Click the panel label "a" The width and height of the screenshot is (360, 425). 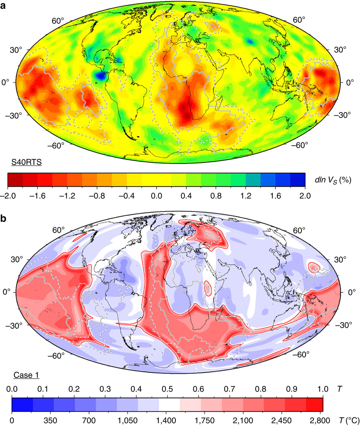(3, 5)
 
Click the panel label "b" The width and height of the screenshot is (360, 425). (3, 218)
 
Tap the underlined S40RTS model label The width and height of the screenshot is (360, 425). (26, 162)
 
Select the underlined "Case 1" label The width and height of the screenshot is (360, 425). (26, 375)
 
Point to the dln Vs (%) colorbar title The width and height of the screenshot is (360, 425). (333, 180)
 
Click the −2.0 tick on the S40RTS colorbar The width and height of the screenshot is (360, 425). (7, 196)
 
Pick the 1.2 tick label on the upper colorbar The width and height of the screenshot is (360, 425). (246, 196)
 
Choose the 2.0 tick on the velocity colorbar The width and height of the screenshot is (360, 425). (305, 196)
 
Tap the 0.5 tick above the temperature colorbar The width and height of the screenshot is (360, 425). (167, 389)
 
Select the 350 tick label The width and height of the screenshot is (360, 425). (51, 420)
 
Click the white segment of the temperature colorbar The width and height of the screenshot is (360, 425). (169, 405)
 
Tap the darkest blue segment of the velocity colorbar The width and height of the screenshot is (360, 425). (298, 180)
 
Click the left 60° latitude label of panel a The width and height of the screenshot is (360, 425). (58, 21)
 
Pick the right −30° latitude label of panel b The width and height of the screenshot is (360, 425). (344, 325)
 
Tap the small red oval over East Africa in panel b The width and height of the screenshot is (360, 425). (208, 288)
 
